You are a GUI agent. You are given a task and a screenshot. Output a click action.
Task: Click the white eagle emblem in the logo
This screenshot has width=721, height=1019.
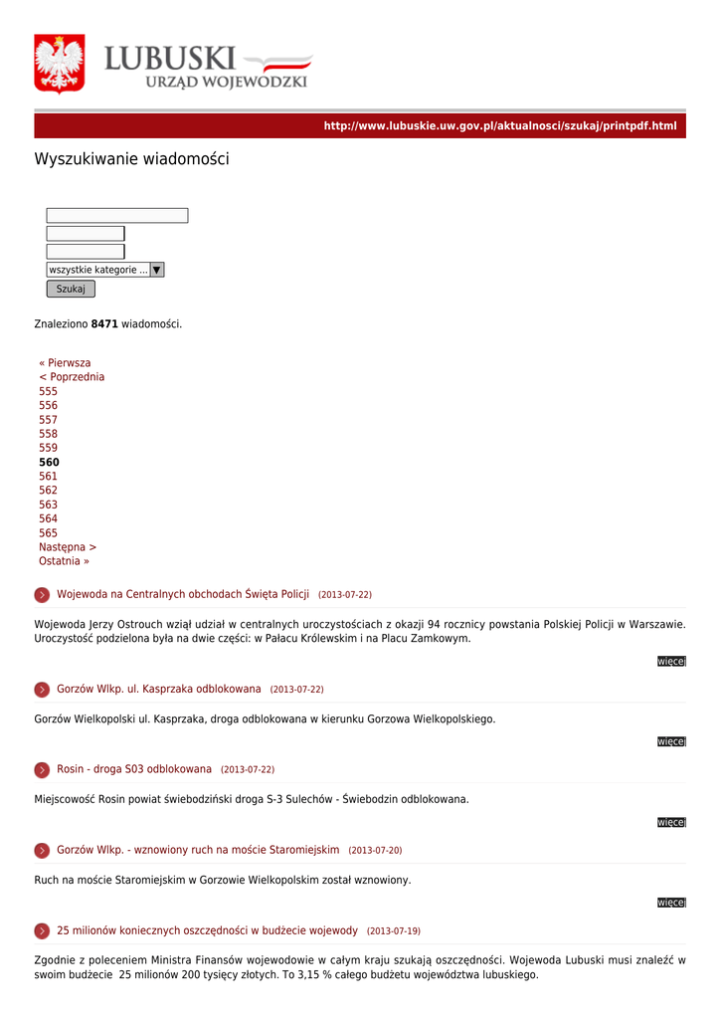59,64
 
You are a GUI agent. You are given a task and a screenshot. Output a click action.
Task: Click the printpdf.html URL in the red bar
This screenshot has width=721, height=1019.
499,126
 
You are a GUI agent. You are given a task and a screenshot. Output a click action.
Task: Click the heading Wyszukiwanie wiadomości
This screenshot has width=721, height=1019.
131,159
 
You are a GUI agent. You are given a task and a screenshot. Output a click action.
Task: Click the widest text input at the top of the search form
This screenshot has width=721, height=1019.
116,216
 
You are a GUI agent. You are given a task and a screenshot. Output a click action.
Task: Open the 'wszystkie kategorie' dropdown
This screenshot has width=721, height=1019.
105,270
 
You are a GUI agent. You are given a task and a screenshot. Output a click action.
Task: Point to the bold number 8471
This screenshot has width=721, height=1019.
104,324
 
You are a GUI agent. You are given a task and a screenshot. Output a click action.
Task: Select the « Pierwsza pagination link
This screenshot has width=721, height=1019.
65,363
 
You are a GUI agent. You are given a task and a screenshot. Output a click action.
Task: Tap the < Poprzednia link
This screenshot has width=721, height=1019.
72,377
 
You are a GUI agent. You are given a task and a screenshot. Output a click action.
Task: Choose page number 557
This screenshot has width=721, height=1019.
48,420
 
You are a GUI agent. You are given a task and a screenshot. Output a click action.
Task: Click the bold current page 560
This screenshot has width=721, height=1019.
49,463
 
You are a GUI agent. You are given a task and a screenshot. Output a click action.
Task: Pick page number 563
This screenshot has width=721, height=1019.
48,505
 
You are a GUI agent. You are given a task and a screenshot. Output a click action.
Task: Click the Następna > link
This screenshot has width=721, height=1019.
68,547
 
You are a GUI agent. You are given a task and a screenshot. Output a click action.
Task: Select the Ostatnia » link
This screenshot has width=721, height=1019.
64,561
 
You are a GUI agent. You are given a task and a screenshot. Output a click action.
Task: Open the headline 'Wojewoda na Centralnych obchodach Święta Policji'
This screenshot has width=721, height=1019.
183,594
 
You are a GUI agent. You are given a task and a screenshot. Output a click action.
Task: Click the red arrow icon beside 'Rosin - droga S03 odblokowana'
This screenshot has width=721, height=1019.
42,770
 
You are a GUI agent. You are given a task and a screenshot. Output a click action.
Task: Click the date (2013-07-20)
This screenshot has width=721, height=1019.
375,851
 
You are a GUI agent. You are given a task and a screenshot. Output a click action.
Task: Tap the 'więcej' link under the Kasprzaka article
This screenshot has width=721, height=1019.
671,741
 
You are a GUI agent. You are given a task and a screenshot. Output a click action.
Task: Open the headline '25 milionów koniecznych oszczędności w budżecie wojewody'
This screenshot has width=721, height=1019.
207,930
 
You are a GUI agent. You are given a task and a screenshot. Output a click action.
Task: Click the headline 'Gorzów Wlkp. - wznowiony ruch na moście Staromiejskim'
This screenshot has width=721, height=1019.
198,850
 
